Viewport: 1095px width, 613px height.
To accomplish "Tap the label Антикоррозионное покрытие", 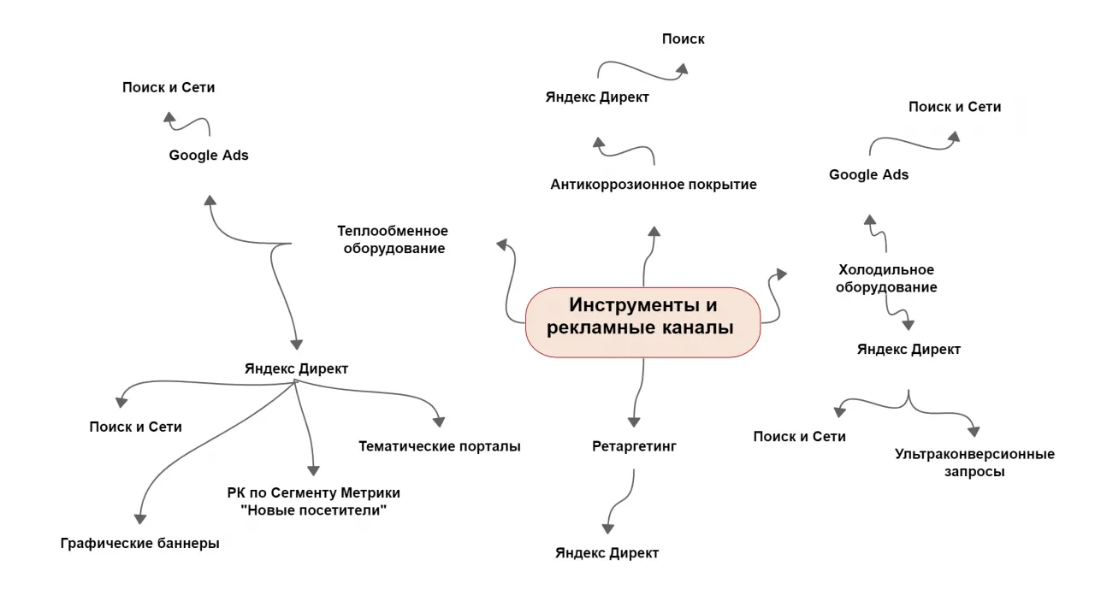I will [653, 184].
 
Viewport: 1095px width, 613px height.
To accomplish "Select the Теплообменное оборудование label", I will [393, 239].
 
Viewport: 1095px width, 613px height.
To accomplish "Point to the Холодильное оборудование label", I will [885, 279].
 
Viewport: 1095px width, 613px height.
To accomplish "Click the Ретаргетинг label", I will [634, 445].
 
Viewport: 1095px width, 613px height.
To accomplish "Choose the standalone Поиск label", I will [683, 38].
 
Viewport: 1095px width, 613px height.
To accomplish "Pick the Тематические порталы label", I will [439, 445].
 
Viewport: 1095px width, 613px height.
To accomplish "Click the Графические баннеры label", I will [139, 543].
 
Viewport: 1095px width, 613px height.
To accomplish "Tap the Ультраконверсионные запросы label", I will [974, 463].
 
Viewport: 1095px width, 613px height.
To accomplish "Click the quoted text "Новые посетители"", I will [313, 510].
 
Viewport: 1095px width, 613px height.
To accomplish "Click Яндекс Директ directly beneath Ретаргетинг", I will [607, 552].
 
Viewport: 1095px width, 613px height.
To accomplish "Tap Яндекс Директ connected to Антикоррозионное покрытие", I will [596, 97].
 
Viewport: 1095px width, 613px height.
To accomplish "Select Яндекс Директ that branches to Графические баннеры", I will [296, 368].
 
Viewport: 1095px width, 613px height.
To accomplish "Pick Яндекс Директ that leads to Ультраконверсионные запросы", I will [909, 349].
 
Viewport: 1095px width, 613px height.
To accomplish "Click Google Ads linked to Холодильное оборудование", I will [868, 174].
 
